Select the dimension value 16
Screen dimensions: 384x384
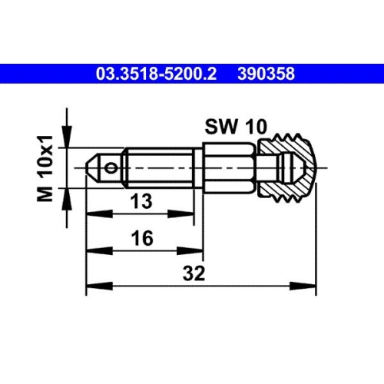tap(140, 240)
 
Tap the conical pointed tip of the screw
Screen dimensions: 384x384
tap(91, 166)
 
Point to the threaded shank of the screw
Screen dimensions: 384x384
tap(157, 166)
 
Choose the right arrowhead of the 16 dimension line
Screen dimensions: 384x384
tap(198, 250)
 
